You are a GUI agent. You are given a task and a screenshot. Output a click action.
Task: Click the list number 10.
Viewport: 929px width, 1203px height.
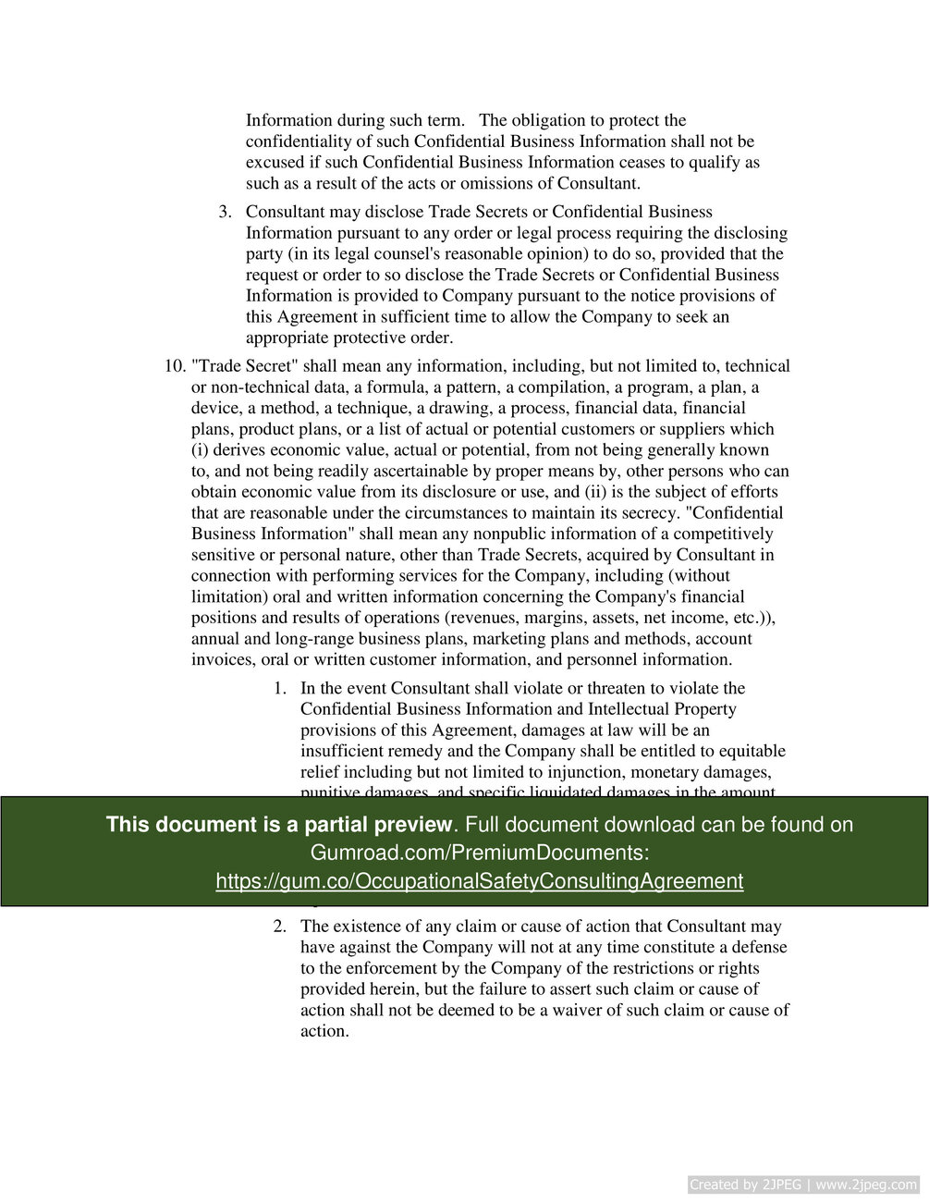(175, 366)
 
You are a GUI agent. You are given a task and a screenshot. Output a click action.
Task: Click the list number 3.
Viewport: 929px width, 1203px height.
(225, 212)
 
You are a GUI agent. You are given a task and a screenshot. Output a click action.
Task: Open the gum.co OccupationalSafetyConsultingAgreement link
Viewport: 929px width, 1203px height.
(479, 881)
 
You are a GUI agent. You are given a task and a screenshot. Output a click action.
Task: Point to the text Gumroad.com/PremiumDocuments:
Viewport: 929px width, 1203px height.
(479, 853)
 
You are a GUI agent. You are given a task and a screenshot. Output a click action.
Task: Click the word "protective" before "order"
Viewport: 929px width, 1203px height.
(371, 338)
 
